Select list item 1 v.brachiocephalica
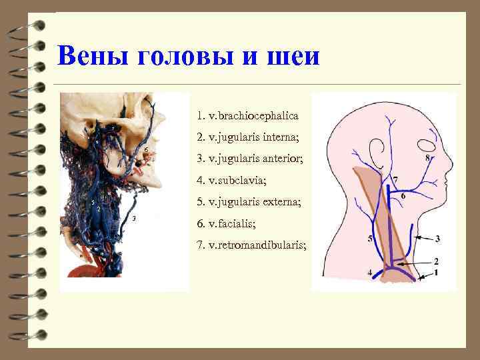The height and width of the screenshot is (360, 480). (x=247, y=115)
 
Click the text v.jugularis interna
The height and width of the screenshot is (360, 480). (x=254, y=137)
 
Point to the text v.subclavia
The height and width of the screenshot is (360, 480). (x=236, y=180)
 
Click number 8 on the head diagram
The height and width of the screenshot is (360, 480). (x=427, y=158)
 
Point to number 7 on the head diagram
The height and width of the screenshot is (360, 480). (x=395, y=180)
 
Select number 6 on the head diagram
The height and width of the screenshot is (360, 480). (x=403, y=197)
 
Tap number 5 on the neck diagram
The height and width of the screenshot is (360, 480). (x=369, y=239)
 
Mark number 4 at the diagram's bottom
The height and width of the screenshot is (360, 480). (x=369, y=273)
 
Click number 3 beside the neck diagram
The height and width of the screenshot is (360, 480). (x=437, y=238)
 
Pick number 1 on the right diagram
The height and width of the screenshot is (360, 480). (x=437, y=273)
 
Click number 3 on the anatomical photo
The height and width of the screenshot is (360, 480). (x=134, y=219)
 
